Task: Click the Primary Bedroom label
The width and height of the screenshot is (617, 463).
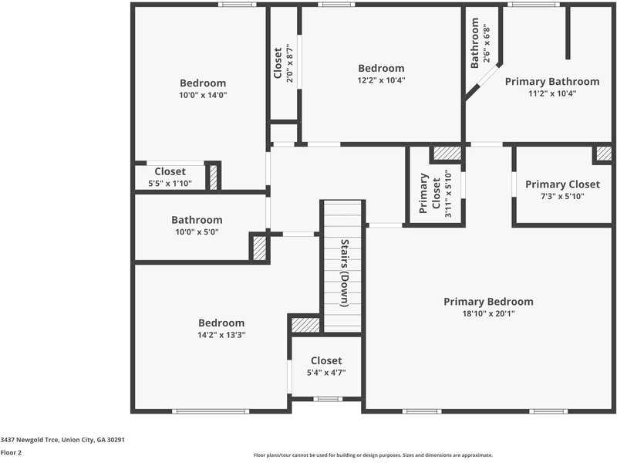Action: [x=488, y=302]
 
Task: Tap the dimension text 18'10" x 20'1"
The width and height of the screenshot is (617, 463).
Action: [x=488, y=313]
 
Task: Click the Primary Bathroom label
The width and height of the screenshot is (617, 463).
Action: [x=551, y=81]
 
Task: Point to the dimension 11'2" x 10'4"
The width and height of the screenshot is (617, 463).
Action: [x=551, y=93]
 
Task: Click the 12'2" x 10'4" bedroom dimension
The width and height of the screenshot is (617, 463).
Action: [x=381, y=79]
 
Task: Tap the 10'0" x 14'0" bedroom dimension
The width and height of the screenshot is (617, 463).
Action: [x=203, y=95]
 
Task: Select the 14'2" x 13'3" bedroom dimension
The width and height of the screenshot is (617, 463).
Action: [x=221, y=335]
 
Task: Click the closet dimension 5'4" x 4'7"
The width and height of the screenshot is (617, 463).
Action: [x=326, y=372]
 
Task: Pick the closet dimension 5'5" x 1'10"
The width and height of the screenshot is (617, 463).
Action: [x=170, y=183]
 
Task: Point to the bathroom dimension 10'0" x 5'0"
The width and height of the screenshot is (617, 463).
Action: [x=197, y=231]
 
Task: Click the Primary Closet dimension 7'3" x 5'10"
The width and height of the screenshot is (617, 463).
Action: [x=562, y=196]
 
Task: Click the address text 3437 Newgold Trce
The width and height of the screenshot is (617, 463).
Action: [x=62, y=439]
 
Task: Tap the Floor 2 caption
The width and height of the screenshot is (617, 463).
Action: [x=11, y=453]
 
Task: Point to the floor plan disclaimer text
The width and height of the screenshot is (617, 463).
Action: [x=373, y=455]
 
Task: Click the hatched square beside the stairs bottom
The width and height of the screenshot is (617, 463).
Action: [x=305, y=324]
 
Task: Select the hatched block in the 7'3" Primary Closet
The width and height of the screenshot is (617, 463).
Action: [x=603, y=153]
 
